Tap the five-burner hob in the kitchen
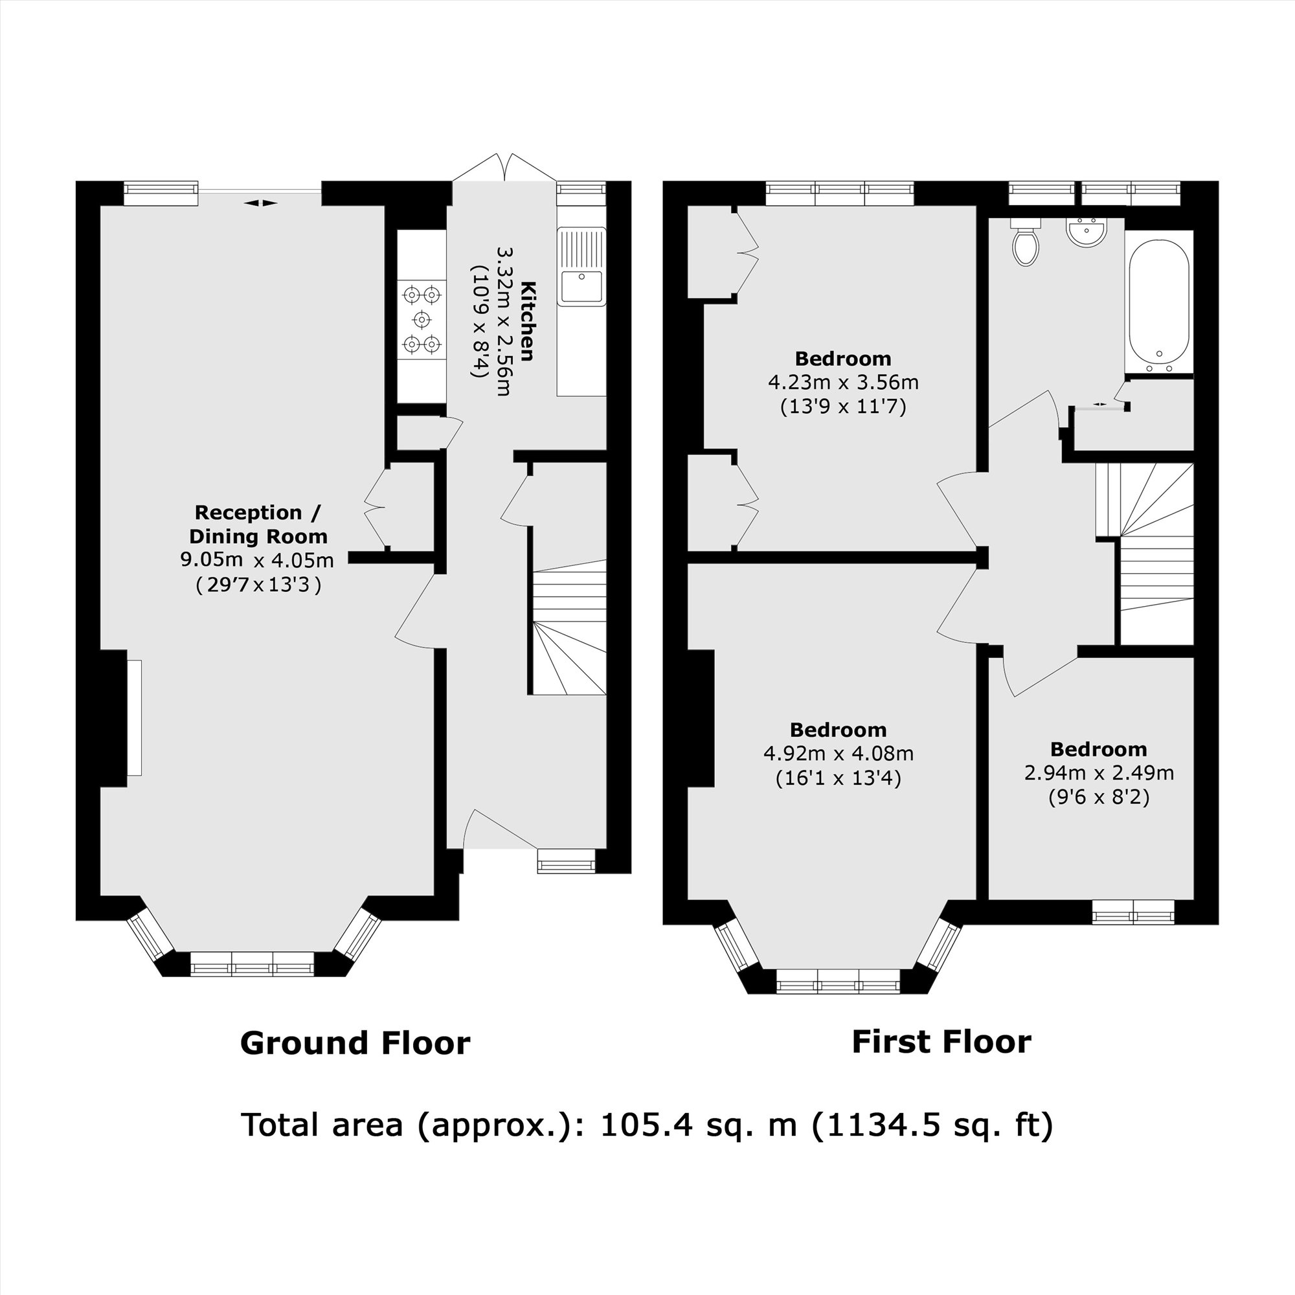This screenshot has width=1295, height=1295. [422, 319]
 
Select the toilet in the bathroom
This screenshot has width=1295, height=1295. [1026, 245]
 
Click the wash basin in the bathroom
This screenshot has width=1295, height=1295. [1086, 232]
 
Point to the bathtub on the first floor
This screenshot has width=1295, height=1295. [1159, 302]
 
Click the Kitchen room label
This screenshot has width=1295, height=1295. [528, 322]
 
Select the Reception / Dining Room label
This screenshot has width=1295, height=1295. [258, 524]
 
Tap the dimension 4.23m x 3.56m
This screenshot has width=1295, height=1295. [842, 383]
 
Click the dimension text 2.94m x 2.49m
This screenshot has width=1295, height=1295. [1099, 773]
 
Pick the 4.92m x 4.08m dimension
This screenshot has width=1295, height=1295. [838, 754]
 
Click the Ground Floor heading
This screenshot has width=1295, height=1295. [355, 1044]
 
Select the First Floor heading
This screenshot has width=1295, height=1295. [941, 1042]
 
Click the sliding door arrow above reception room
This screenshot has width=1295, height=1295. [261, 203]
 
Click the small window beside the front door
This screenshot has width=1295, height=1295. [567, 861]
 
